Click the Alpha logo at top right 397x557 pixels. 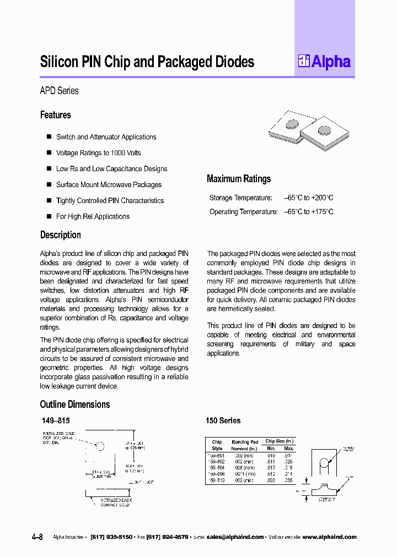coord(324,62)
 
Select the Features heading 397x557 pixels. coord(56,115)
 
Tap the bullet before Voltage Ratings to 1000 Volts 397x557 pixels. coord(49,153)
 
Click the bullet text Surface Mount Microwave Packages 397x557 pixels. coord(109,185)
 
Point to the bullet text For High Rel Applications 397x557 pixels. coord(93,216)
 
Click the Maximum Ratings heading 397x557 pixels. coord(238,179)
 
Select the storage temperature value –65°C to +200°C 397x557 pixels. coord(308,198)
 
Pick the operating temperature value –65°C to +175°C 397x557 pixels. coord(308,212)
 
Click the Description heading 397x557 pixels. coord(61,235)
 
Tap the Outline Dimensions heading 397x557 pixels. coord(75,405)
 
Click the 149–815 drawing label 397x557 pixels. coord(56,421)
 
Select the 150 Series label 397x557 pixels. coord(223,421)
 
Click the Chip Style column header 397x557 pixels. coord(217,445)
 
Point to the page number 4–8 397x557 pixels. coord(37,537)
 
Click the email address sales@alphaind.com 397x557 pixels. coord(235,537)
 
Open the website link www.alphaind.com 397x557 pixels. coord(329,537)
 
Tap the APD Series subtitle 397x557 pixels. coord(59,91)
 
